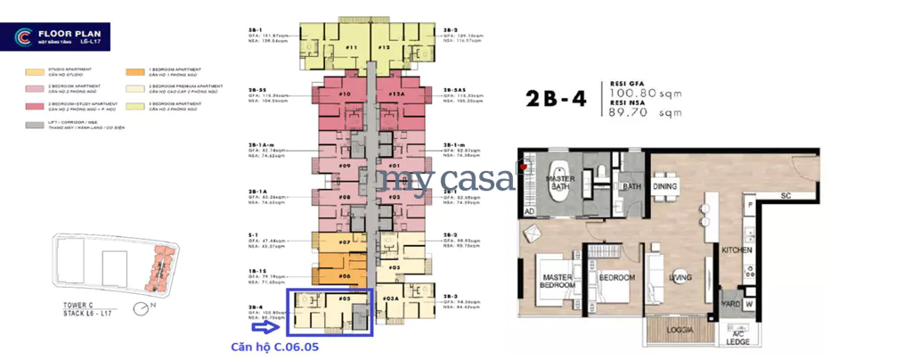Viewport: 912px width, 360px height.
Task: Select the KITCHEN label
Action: [737, 252]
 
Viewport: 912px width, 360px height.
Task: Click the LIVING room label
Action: [681, 278]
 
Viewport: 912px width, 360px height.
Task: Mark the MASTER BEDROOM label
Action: [563, 282]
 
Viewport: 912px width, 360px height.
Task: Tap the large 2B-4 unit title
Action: [556, 98]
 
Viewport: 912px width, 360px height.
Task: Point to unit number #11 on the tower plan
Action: [351, 47]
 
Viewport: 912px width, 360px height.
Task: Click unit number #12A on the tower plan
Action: [396, 94]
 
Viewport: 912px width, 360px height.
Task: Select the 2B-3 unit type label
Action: [451, 296]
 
